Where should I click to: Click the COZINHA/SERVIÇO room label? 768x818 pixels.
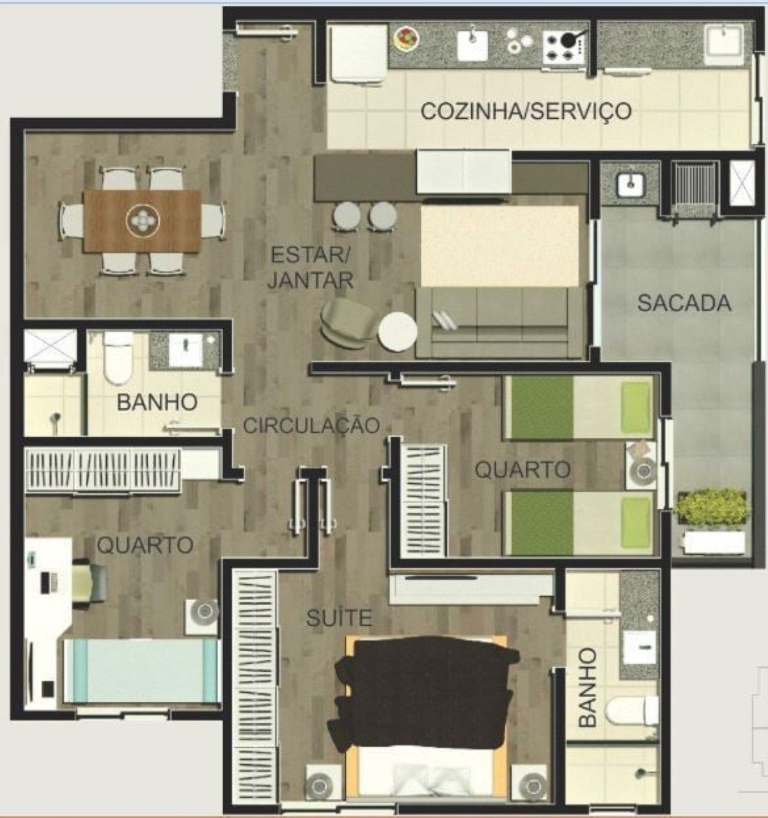[x=526, y=111]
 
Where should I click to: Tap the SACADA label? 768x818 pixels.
[x=684, y=302]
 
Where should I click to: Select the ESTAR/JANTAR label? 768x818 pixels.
[x=310, y=267]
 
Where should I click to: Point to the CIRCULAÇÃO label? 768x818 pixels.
[x=311, y=425]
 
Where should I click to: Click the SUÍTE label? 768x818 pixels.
[x=339, y=617]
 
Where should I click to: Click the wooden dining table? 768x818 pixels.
[x=141, y=221]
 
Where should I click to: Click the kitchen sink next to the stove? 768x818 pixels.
[x=473, y=43]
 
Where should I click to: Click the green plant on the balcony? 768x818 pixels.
[x=712, y=507]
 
